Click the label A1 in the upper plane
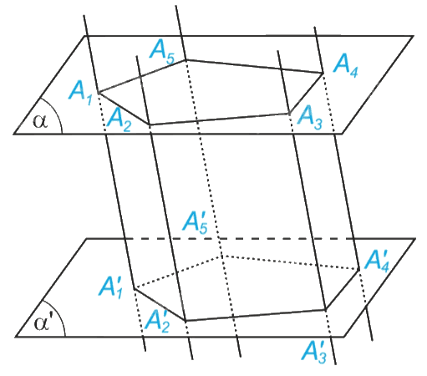(80, 93)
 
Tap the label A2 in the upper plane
(119, 119)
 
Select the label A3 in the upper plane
(310, 119)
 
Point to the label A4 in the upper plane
(345, 66)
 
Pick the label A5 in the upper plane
(162, 52)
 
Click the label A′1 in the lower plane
(110, 287)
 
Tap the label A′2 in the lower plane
(157, 321)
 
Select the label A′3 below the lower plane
(314, 351)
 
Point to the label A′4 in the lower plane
(377, 261)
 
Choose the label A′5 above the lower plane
(196, 222)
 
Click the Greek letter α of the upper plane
(40, 122)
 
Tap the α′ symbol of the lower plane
(43, 324)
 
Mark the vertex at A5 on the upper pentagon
(186, 59)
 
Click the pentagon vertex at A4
(323, 74)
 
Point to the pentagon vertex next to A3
(289, 114)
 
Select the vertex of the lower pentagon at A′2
(186, 321)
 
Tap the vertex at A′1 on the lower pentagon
(135, 289)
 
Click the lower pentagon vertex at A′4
(358, 270)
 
